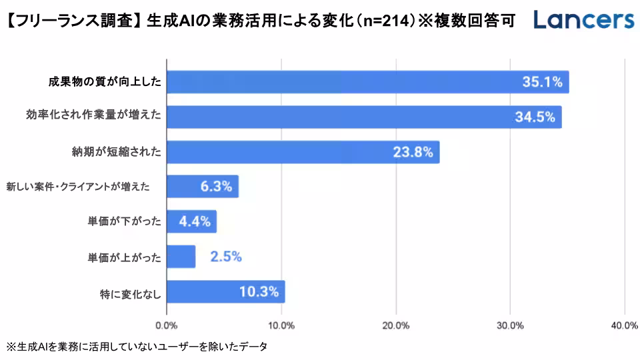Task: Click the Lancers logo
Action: click(x=584, y=20)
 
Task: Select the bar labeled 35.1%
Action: click(x=367, y=82)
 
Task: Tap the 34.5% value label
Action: click(x=535, y=117)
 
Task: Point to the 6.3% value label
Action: click(x=216, y=187)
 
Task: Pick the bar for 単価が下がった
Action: click(x=191, y=221)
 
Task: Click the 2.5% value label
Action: click(x=225, y=257)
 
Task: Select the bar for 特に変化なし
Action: click(x=225, y=291)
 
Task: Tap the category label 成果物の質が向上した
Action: click(x=105, y=83)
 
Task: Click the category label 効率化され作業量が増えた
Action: click(x=93, y=117)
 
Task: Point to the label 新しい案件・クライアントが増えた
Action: click(x=78, y=187)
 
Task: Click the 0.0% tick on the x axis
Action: click(x=166, y=325)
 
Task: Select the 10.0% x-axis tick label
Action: click(x=281, y=325)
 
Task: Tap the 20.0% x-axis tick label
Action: click(x=396, y=325)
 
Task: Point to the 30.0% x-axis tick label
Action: click(x=510, y=325)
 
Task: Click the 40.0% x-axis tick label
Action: click(x=624, y=325)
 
